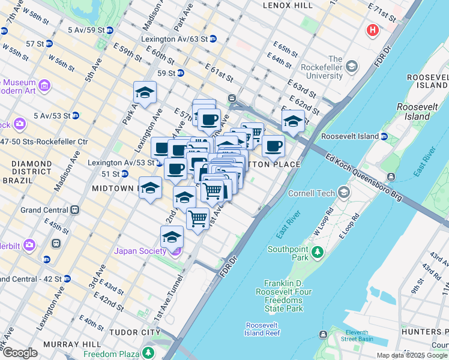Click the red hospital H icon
(x=373, y=29)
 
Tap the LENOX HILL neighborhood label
(x=288, y=5)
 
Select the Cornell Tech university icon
(x=344, y=193)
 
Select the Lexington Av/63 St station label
(x=179, y=38)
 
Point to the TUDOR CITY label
(x=134, y=332)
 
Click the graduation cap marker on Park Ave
(x=145, y=92)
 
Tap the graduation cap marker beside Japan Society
(x=172, y=237)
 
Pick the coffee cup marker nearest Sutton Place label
(x=273, y=145)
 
